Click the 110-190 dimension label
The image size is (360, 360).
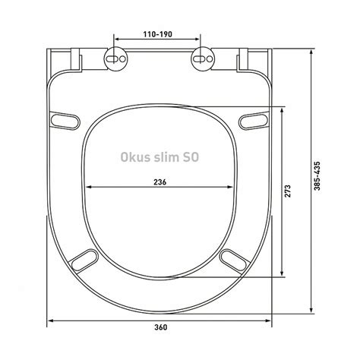coord(158,34)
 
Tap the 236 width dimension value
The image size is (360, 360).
coord(160,182)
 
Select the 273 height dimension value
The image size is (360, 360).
coord(288,191)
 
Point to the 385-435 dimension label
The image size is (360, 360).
coord(317,175)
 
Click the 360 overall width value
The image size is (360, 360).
coord(161,327)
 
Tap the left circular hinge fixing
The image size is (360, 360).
coord(116,59)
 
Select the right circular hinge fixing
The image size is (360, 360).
coord(203,59)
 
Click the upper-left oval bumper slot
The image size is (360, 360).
coord(65,121)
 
